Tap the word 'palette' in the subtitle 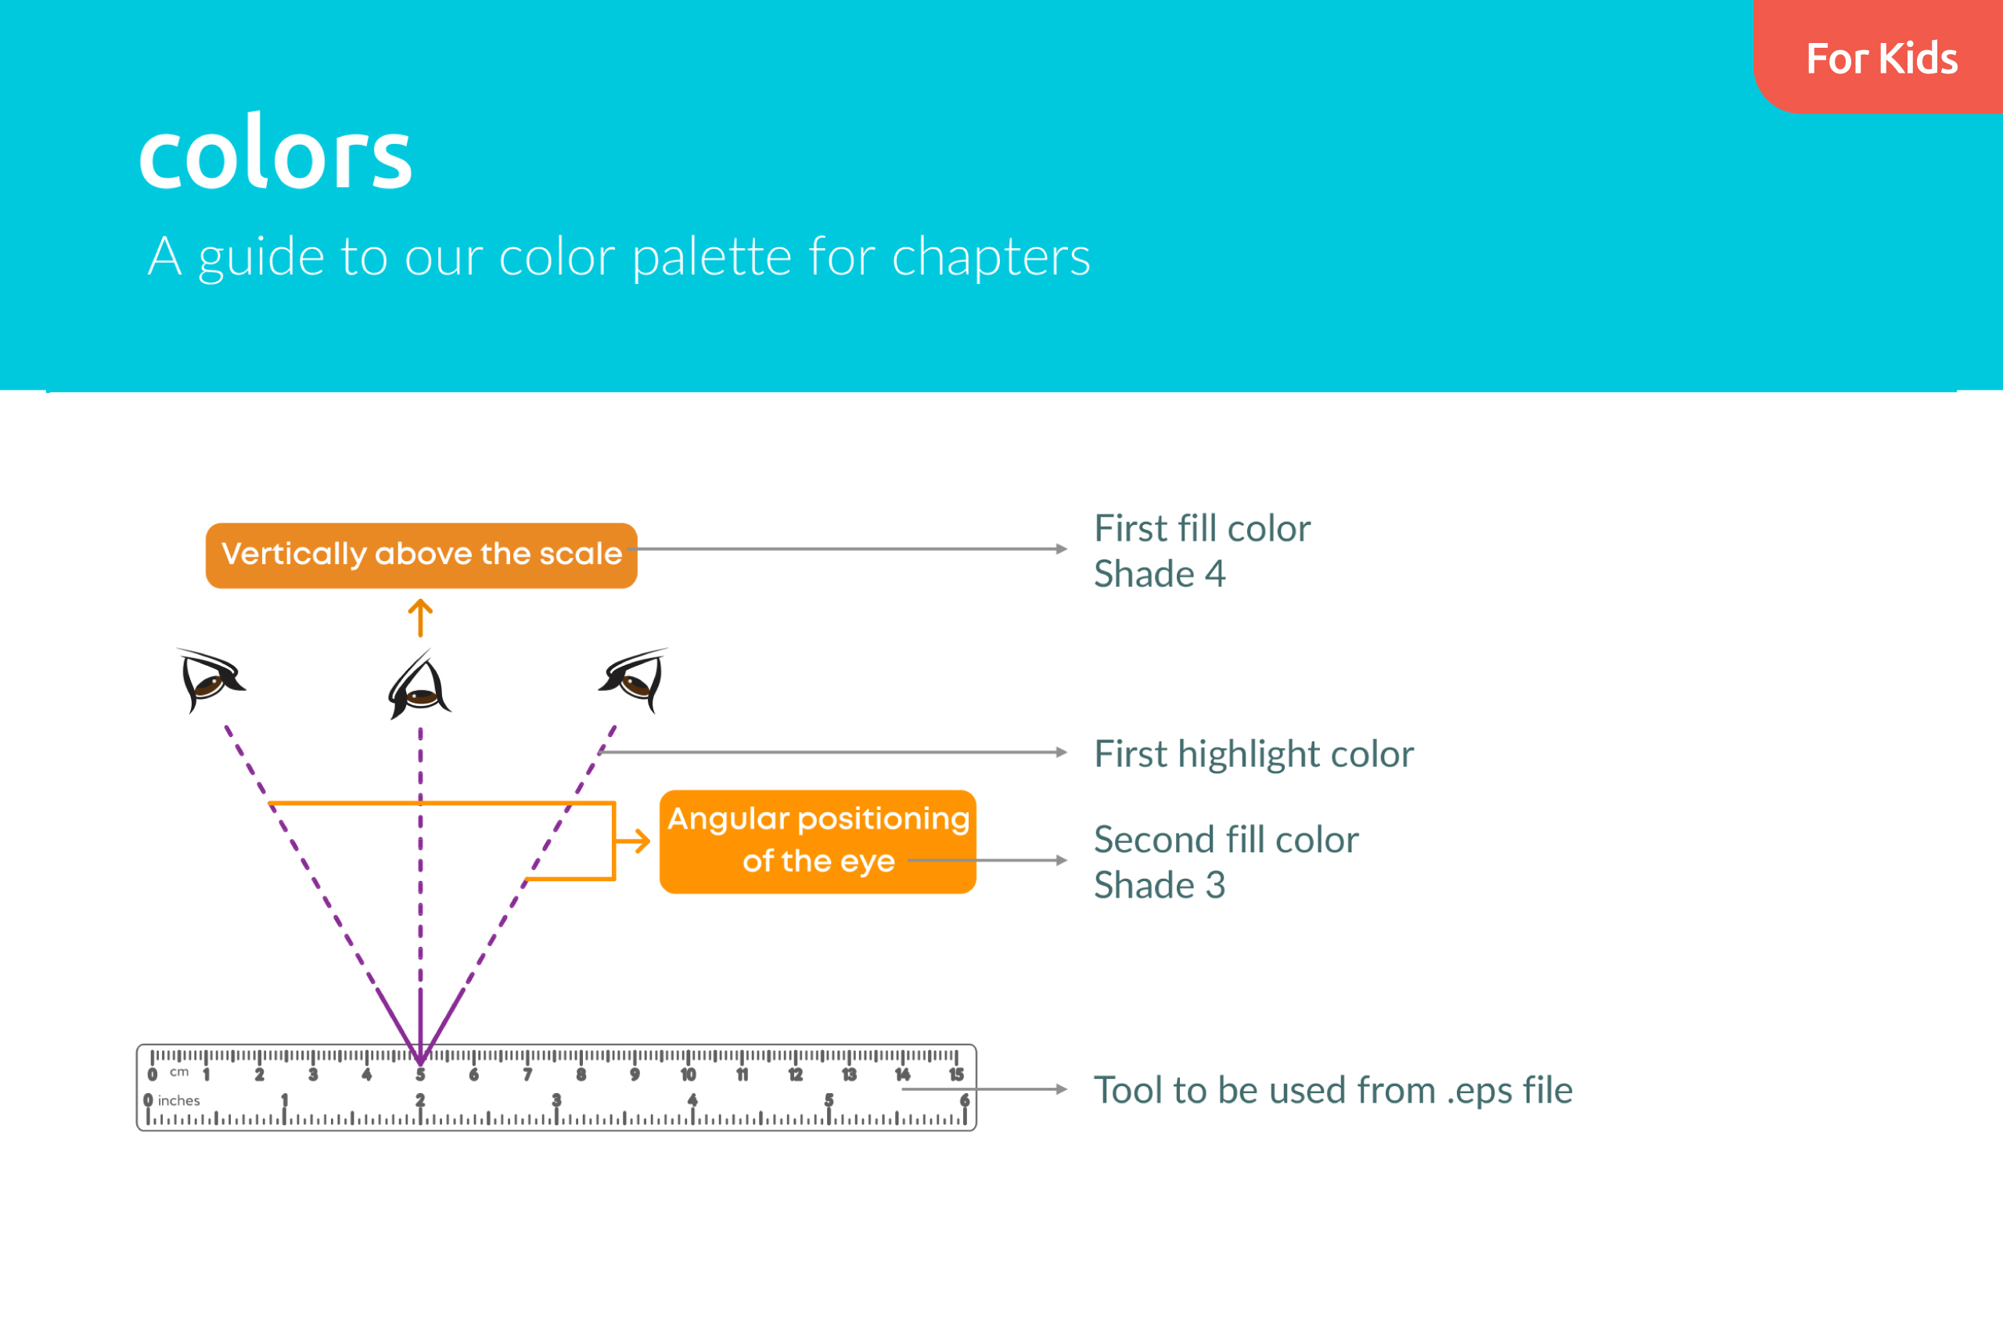[x=713, y=257]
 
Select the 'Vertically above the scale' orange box [x=422, y=555]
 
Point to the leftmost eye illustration [x=211, y=680]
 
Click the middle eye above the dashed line [x=419, y=685]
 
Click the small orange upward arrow [x=419, y=618]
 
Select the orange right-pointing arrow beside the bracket [x=632, y=841]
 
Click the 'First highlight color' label [x=1254, y=754]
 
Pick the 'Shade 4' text [x=1160, y=574]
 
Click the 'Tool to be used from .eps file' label [x=1333, y=1090]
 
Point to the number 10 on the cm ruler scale [x=688, y=1074]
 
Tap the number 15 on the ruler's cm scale [x=956, y=1074]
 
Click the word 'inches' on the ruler [x=178, y=1100]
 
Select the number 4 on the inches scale [x=692, y=1100]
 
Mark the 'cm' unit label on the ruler [x=178, y=1072]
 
